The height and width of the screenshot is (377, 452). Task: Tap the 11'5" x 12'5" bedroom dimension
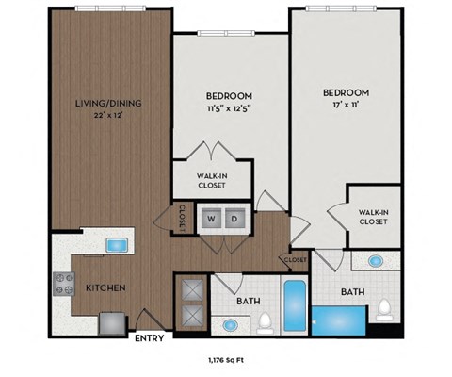(x=230, y=110)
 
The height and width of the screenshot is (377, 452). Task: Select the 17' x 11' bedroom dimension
(x=345, y=106)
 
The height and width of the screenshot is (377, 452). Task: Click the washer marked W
(x=212, y=219)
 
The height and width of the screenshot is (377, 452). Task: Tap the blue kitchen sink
(x=116, y=246)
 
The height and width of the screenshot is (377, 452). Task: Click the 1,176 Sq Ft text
(x=224, y=359)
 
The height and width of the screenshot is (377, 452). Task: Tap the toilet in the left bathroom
(x=266, y=322)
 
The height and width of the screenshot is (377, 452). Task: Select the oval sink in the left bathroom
(x=230, y=324)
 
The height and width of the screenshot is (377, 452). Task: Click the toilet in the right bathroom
(x=383, y=307)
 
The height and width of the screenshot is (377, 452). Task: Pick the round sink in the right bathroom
(x=376, y=262)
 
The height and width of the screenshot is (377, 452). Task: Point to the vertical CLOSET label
(x=181, y=218)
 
